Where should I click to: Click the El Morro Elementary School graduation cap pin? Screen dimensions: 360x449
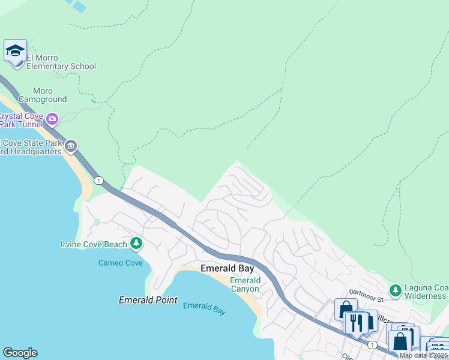pos(15,51)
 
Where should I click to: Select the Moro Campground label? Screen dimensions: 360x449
pos(43,95)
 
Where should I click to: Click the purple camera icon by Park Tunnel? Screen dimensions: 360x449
pos(52,119)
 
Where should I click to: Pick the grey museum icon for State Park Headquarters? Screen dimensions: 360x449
pos(71,146)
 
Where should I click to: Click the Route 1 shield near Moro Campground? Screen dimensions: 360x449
pos(98,180)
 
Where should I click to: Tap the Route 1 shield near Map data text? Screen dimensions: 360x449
pos(373,344)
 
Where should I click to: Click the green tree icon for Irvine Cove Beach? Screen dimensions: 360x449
pos(137,243)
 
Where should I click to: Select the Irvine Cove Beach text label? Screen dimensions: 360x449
pos(94,244)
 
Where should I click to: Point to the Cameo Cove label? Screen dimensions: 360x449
pos(121,263)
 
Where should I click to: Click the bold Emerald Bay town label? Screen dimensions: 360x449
pos(227,268)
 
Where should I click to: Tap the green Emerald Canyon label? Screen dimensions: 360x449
pos(245,284)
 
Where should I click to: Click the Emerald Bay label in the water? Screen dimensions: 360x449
pos(204,307)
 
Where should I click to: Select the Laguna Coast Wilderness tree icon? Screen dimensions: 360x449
pos(395,291)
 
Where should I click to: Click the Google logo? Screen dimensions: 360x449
pos(20,353)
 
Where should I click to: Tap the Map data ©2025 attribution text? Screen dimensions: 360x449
pos(423,355)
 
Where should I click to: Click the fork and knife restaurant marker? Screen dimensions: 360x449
pos(358,323)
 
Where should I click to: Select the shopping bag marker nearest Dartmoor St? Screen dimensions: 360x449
pos(346,310)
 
